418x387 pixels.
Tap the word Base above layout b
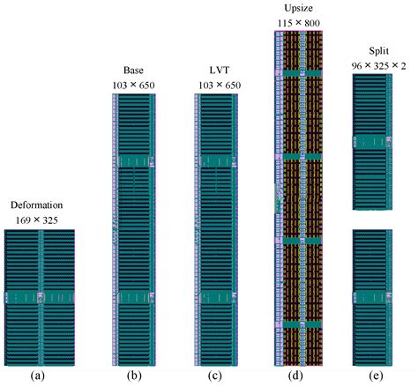point(135,71)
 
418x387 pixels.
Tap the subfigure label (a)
point(39,376)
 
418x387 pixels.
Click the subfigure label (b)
point(135,376)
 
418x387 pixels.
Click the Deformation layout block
point(39,298)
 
